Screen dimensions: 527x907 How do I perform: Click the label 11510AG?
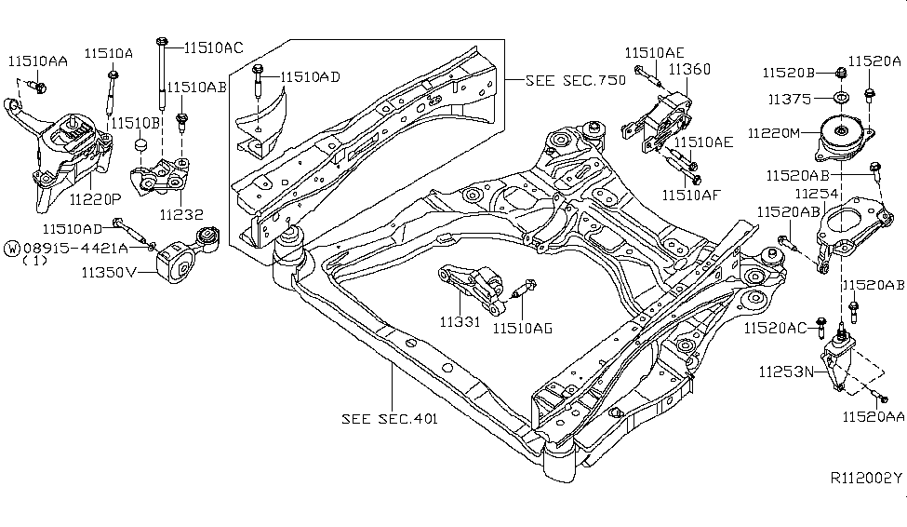point(523,327)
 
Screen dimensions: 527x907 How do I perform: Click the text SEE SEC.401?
point(390,418)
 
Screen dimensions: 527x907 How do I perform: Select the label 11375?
point(789,98)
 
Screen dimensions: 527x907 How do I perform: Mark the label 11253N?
point(787,371)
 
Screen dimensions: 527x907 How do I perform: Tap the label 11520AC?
point(775,327)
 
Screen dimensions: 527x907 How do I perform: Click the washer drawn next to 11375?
point(838,98)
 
